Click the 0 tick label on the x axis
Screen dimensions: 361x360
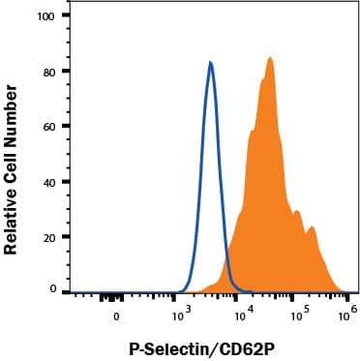click(116, 315)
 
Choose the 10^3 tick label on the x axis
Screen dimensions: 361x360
click(180, 313)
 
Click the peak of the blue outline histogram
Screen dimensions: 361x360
click(210, 64)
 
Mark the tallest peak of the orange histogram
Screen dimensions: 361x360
click(270, 58)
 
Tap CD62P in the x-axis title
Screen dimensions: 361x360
click(243, 346)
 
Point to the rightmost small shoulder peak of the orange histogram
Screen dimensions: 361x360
click(312, 229)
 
